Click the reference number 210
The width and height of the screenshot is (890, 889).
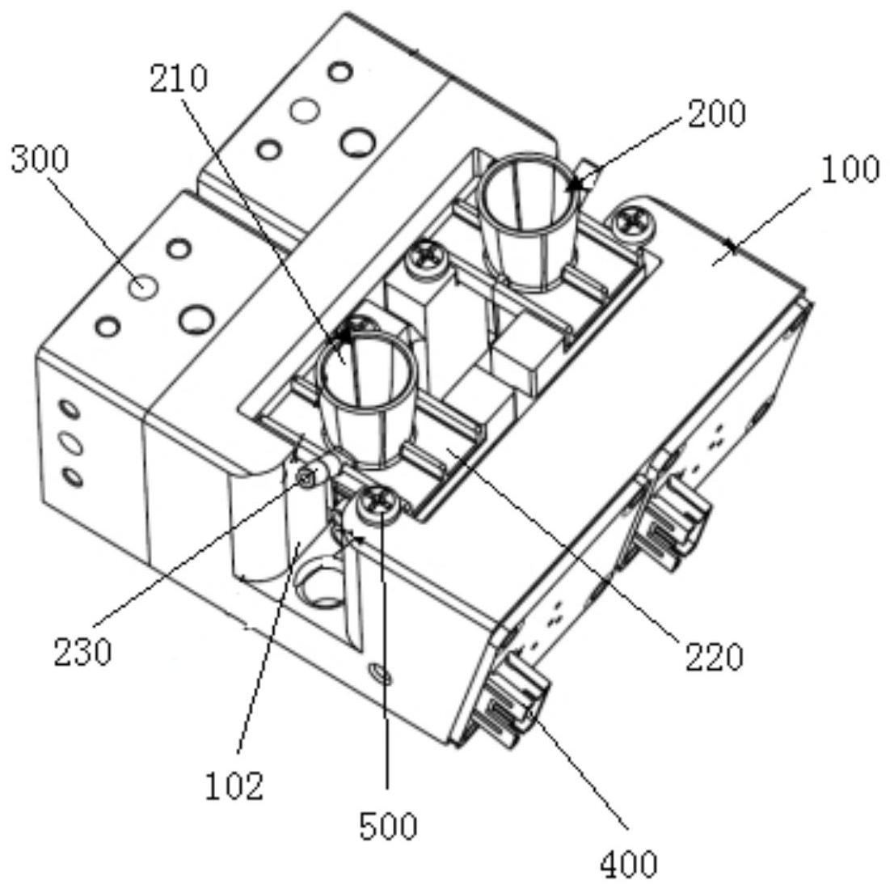point(178,78)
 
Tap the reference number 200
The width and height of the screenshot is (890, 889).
point(716,113)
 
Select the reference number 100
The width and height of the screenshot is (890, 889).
point(848,169)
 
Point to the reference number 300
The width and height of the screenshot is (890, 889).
point(39,159)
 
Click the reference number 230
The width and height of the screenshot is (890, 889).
point(82,651)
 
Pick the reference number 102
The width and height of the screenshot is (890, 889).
point(234,784)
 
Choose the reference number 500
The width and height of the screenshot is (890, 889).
point(388,825)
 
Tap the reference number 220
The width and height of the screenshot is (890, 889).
point(714,656)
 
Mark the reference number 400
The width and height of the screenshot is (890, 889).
point(628,864)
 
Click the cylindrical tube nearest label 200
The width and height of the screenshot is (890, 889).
point(529,218)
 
